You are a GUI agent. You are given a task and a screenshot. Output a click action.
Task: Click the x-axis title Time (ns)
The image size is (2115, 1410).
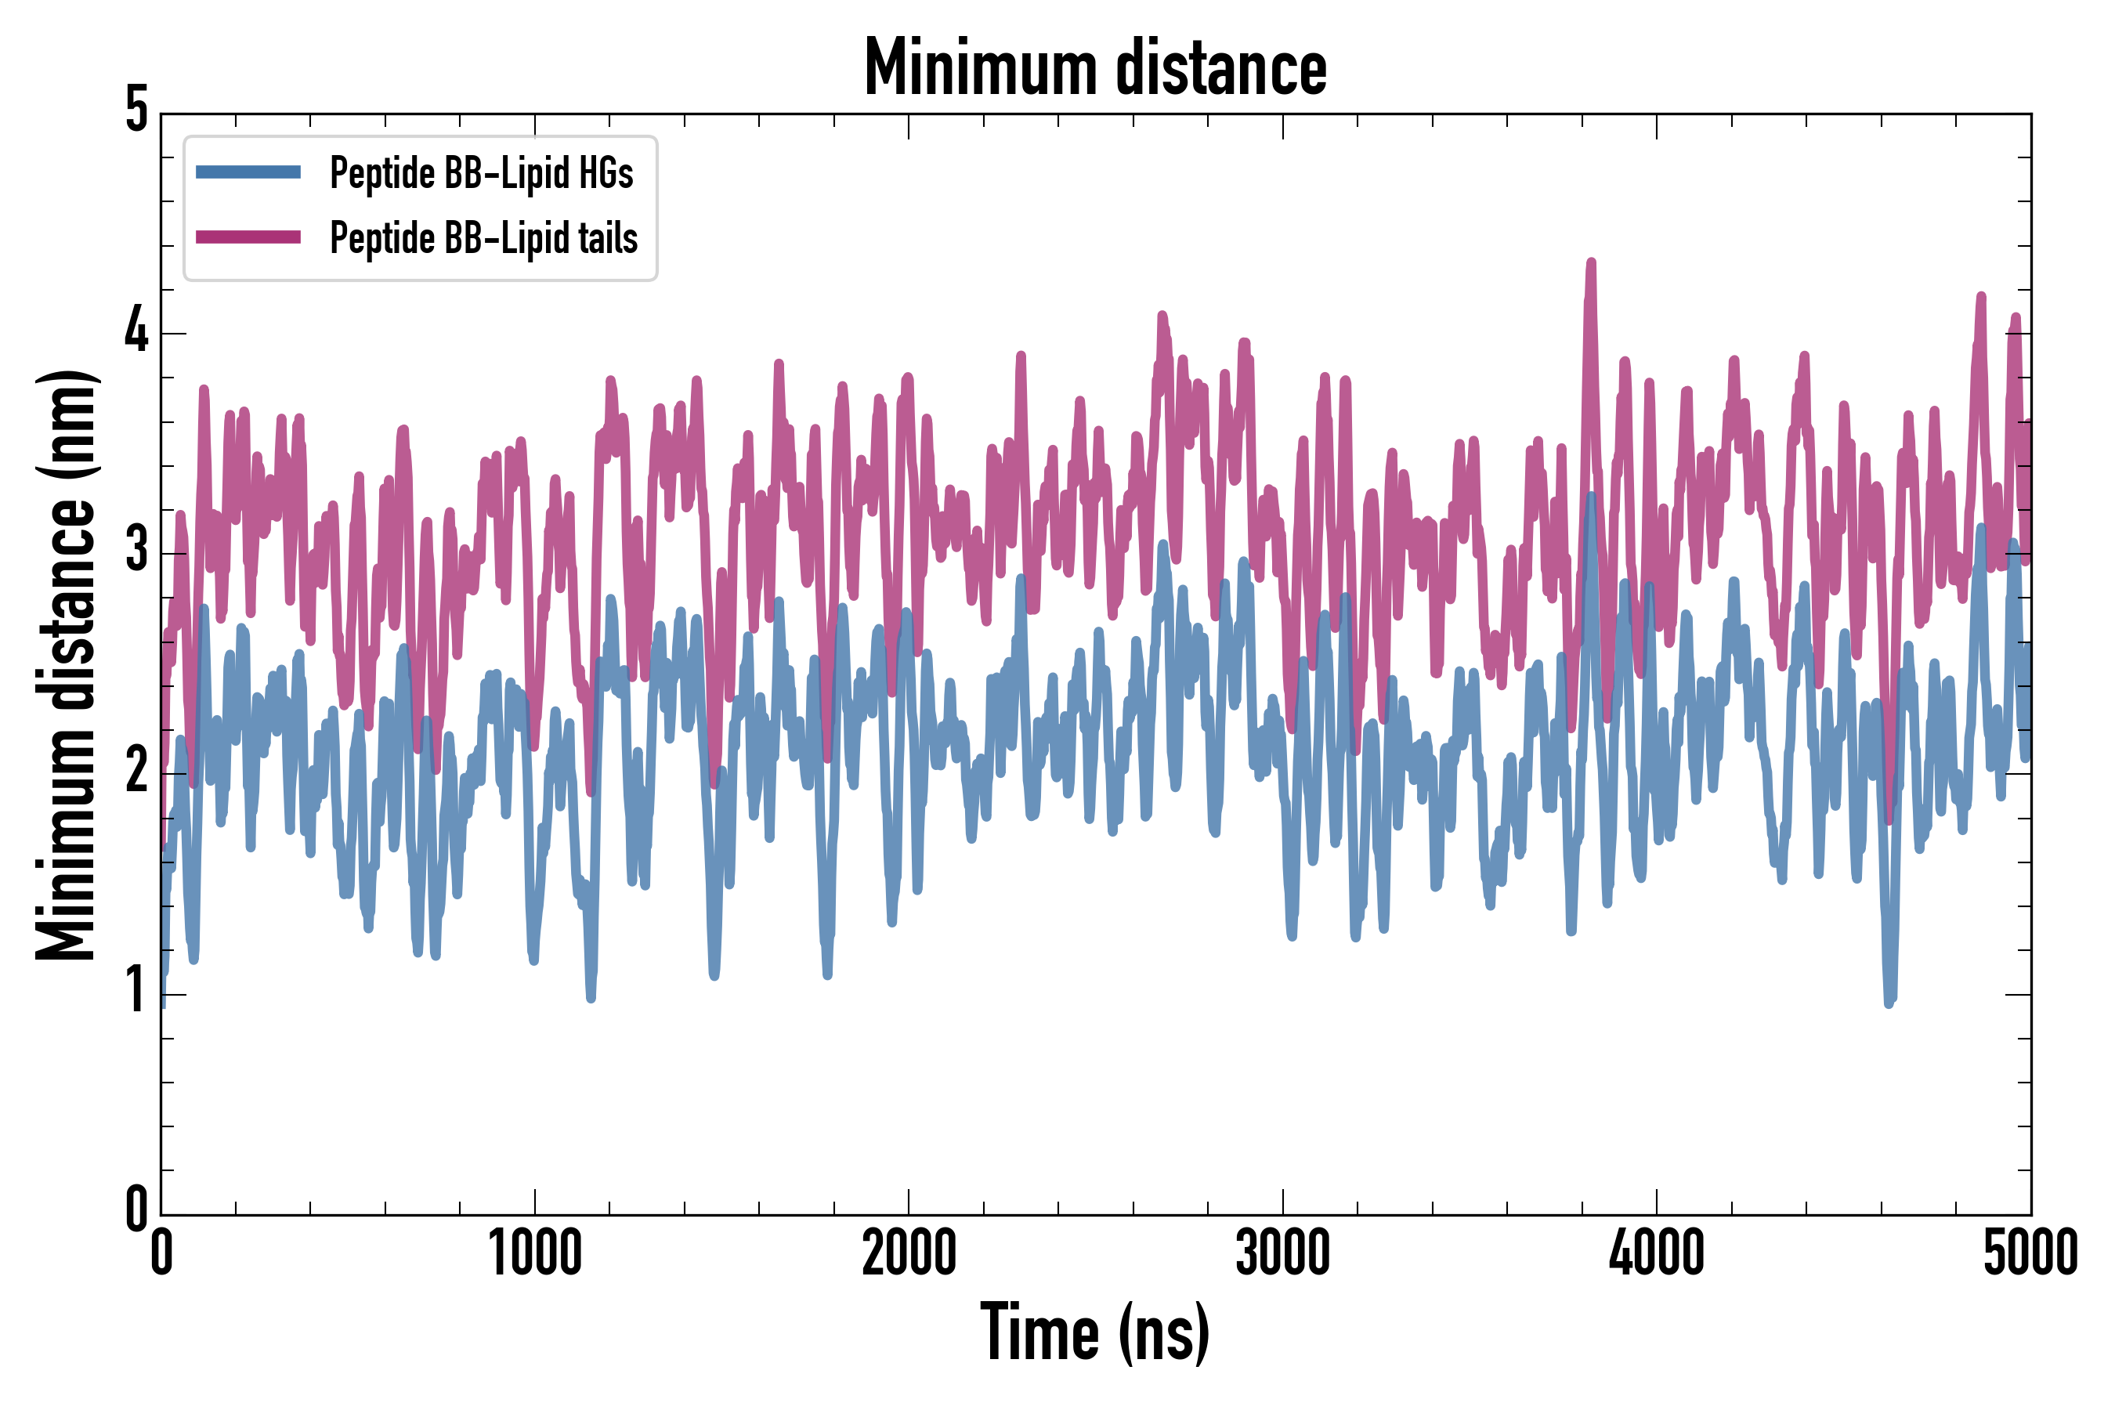click(1094, 1332)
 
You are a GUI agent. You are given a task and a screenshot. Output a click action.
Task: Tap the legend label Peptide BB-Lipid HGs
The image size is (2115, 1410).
click(481, 172)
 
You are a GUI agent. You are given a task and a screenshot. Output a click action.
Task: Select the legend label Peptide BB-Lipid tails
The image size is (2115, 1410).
click(484, 237)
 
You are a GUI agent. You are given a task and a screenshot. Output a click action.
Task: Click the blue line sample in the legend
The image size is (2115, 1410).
click(248, 172)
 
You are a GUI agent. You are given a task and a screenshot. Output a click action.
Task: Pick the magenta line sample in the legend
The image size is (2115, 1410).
click(248, 237)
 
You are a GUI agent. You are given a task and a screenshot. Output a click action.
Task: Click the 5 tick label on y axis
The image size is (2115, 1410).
click(136, 111)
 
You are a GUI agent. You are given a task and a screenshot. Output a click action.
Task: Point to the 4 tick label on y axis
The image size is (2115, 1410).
click(136, 331)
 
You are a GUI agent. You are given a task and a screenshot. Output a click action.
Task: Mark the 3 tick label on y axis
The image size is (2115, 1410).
click(136, 551)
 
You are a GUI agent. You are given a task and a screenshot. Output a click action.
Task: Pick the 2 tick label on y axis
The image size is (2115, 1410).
click(136, 772)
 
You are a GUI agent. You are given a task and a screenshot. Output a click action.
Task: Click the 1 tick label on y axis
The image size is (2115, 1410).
click(136, 991)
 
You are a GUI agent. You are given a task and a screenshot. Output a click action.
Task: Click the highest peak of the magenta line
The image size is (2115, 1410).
click(1592, 262)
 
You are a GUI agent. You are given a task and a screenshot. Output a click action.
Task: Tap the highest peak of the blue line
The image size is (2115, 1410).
click(1592, 497)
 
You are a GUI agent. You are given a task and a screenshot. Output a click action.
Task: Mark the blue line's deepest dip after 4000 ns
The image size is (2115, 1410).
click(1889, 1003)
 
